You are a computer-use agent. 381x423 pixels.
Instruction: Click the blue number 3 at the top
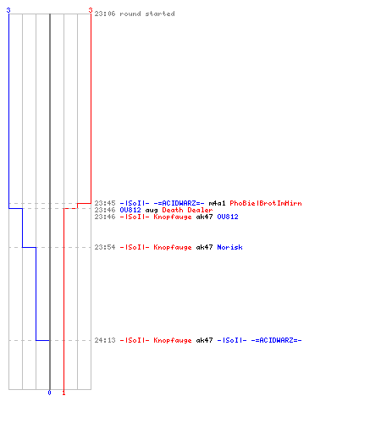pos(8,10)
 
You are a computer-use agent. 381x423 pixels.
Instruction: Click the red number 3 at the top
pos(91,10)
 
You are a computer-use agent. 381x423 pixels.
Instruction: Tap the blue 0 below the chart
pos(49,393)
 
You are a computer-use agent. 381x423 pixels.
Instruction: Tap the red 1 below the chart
pos(63,393)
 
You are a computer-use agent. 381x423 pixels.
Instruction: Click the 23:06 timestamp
pos(105,14)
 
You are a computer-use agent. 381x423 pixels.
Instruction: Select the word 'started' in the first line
pos(160,14)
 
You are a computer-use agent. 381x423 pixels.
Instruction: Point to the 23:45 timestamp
pos(105,203)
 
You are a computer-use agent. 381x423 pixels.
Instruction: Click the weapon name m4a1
pos(217,203)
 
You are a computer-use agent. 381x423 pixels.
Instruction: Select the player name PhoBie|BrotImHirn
pos(266,203)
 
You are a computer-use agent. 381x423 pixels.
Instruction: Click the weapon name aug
pos(152,210)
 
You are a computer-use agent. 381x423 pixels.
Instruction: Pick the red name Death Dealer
pos(187,210)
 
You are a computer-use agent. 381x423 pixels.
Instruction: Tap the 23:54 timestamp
pos(105,247)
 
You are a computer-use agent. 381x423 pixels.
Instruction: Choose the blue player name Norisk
pos(229,247)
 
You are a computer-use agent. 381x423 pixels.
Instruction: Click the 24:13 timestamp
pos(105,340)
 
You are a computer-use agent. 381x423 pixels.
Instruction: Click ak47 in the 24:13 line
pos(204,340)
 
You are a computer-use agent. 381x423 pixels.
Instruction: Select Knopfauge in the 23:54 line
pos(173,247)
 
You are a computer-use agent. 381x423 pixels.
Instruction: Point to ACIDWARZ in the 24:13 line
pos(276,340)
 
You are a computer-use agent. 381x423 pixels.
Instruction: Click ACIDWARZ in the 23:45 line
pos(179,203)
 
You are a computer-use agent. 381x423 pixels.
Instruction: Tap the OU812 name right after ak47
pos(228,217)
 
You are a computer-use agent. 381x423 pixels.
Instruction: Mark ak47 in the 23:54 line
pos(204,247)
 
